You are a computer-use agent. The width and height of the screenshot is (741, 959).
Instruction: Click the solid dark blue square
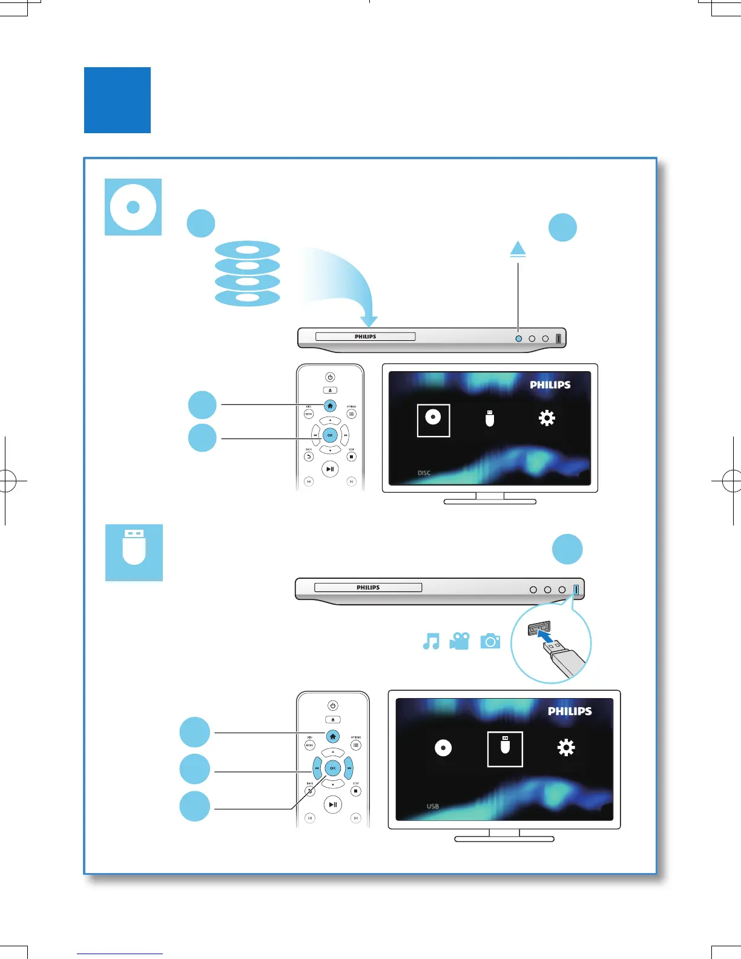(x=117, y=100)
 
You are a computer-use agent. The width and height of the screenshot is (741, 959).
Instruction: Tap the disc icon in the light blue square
(x=133, y=207)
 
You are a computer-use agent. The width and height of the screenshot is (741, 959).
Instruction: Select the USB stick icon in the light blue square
(x=134, y=552)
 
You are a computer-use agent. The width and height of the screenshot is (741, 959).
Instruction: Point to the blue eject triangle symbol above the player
(x=518, y=249)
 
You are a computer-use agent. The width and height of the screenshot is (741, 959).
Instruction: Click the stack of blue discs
(x=248, y=274)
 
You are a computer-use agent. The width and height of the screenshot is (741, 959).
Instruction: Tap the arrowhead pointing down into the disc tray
(x=368, y=321)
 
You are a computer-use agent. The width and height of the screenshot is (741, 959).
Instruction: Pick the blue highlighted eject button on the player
(x=518, y=338)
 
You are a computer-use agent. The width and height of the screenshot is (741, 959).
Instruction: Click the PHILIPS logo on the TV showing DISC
(x=550, y=385)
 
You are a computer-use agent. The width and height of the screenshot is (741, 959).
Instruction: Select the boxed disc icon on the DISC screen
(x=433, y=420)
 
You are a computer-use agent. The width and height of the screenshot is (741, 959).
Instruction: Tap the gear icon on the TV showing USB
(x=566, y=748)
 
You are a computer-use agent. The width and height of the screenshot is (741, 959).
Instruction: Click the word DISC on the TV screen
(x=424, y=473)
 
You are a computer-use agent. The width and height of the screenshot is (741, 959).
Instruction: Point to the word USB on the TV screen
(x=432, y=806)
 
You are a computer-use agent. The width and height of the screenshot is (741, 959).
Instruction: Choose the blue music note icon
(x=431, y=641)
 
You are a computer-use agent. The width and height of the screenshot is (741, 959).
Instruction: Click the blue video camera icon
(x=459, y=641)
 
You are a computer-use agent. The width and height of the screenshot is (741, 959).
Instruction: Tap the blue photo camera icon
(x=490, y=641)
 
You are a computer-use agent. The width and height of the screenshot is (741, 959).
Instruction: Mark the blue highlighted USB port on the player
(x=576, y=589)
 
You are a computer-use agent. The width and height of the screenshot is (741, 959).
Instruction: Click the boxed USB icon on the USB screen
(x=505, y=749)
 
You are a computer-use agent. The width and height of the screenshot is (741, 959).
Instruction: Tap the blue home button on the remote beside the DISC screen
(x=330, y=406)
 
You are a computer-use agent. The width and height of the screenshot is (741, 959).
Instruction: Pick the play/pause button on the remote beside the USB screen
(x=332, y=805)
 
